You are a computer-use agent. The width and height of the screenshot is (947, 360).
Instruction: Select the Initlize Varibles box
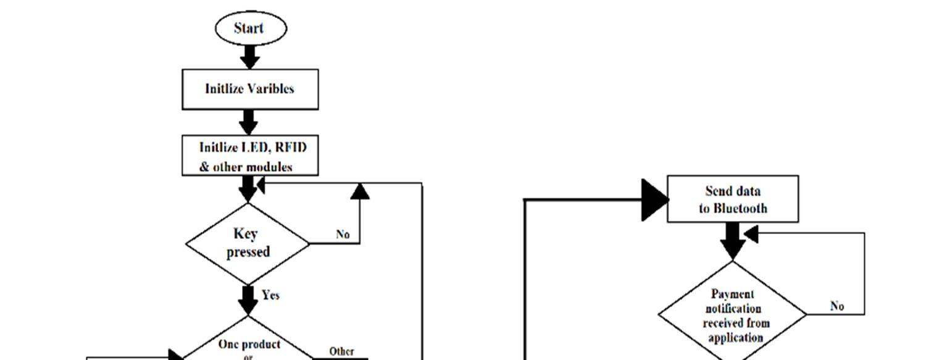[x=250, y=89]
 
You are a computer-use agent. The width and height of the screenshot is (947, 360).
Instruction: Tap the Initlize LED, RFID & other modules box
[x=250, y=156]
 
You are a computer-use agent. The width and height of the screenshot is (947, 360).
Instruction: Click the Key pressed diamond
[x=248, y=243]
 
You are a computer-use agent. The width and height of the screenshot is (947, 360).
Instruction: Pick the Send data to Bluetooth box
[x=733, y=199]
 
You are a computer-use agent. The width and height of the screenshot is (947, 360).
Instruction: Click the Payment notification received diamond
[x=733, y=315]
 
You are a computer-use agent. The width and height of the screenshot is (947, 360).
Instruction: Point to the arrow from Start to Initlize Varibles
[x=249, y=57]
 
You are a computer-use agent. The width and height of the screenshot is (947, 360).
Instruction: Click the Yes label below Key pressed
[x=270, y=295]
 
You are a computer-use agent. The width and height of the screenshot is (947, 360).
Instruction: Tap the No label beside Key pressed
[x=343, y=235]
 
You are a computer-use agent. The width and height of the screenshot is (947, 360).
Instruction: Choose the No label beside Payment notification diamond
[x=837, y=306]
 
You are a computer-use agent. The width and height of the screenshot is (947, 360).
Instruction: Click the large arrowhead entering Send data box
[x=654, y=199]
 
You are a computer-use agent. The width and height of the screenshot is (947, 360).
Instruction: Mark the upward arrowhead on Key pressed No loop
[x=360, y=191]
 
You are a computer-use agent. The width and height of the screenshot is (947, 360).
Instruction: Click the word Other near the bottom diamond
[x=341, y=351]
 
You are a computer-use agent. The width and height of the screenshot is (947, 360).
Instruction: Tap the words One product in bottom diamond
[x=249, y=344]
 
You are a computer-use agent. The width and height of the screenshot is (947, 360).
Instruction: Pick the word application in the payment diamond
[x=735, y=338]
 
